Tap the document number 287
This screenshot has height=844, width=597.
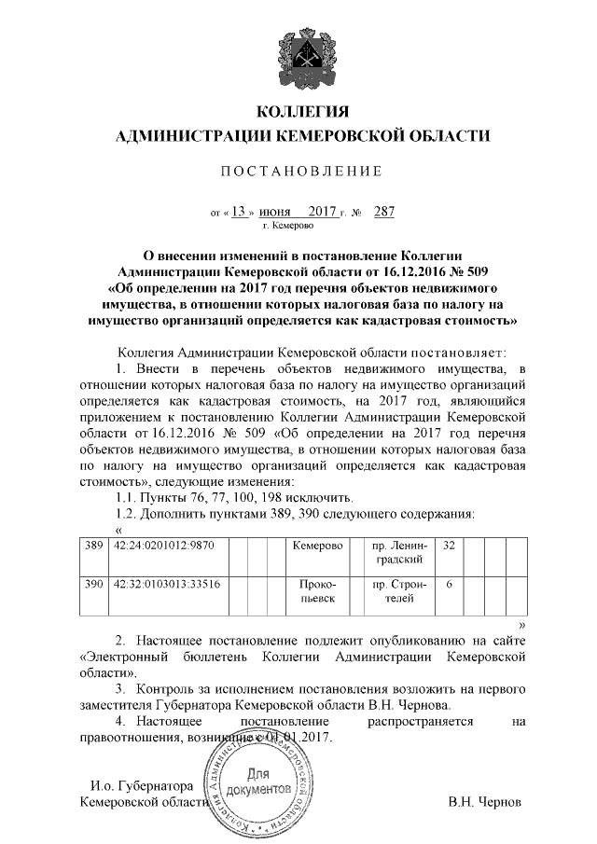(x=383, y=211)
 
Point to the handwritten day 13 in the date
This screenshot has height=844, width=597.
(x=240, y=211)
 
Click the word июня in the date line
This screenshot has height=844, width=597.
(x=274, y=212)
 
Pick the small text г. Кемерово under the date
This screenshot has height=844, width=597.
(x=288, y=226)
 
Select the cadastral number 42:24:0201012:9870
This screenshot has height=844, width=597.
(x=164, y=545)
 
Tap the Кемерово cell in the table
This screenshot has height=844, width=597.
(x=317, y=545)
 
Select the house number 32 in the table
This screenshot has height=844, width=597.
(x=449, y=545)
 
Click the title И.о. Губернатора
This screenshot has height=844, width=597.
(x=140, y=787)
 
